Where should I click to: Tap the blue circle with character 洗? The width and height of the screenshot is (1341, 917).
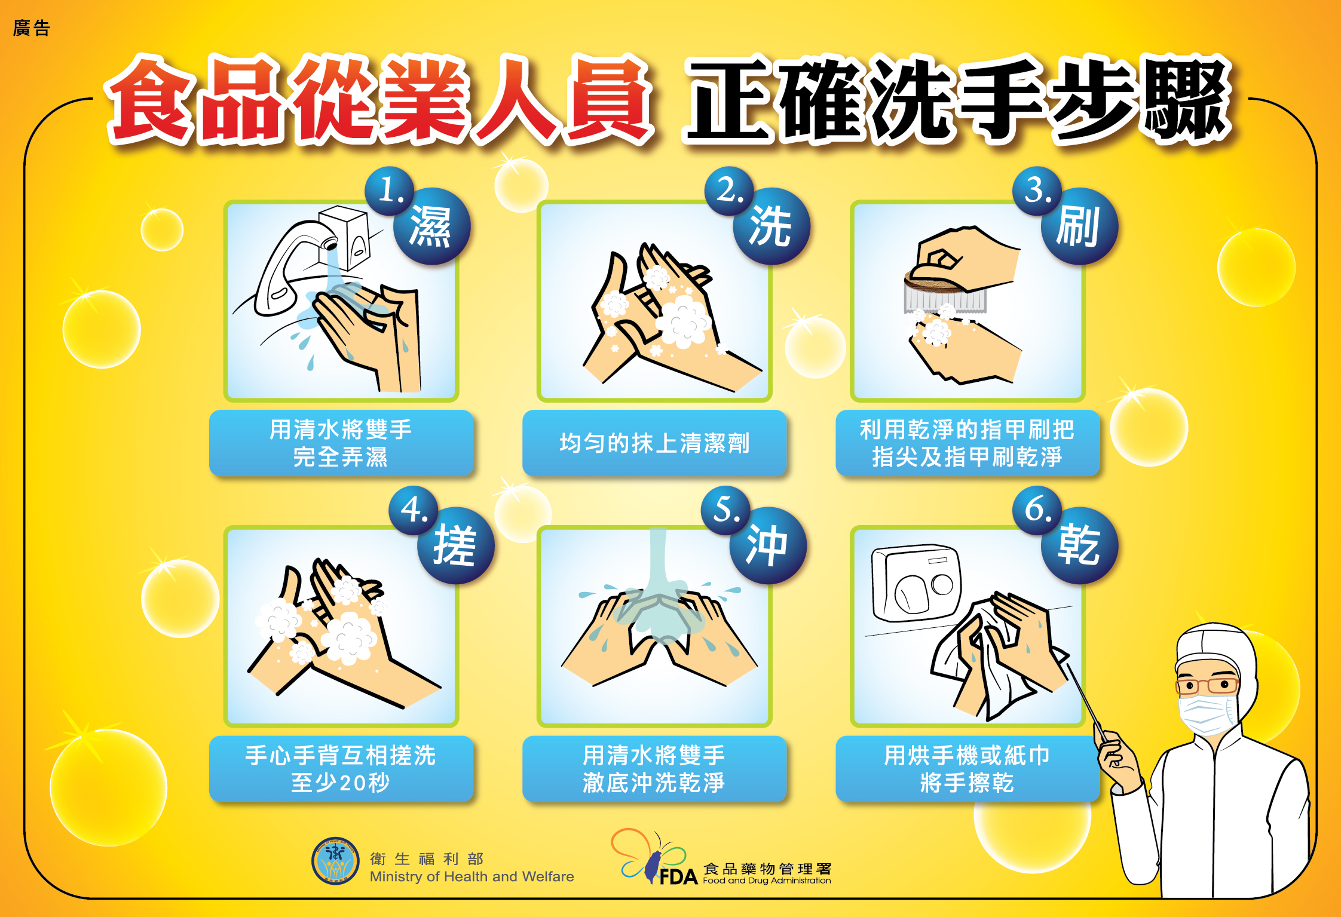click(771, 226)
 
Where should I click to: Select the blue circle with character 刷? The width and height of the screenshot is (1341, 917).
click(1079, 226)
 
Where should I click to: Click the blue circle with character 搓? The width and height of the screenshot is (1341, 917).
click(455, 546)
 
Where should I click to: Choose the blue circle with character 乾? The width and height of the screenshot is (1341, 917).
click(1079, 546)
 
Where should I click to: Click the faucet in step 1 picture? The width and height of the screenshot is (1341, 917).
click(287, 263)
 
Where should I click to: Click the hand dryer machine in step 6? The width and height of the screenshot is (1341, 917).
click(914, 582)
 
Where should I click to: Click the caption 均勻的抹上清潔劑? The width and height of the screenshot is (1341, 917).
click(654, 443)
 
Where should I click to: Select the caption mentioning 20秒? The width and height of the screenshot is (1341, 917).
click(341, 769)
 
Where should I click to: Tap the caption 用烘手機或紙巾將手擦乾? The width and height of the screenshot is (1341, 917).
click(967, 769)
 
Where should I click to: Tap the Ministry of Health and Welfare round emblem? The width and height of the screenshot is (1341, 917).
click(335, 861)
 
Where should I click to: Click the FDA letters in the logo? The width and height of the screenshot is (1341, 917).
click(678, 877)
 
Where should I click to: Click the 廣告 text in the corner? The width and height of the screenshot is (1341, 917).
click(31, 28)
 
